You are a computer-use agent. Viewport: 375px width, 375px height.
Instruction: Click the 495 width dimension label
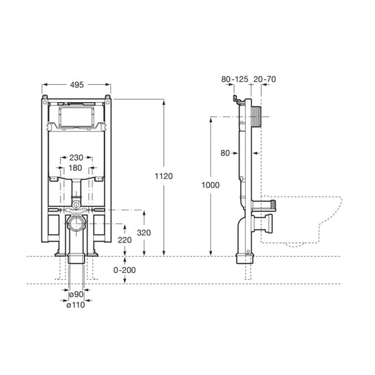pos(77,85)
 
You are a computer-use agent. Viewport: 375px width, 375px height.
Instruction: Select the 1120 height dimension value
pos(164,176)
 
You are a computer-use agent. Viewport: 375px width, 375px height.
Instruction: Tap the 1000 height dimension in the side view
pos(210,185)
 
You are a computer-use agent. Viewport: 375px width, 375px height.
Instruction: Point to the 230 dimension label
pos(76,158)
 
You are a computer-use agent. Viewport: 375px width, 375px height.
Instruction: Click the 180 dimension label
pos(75,168)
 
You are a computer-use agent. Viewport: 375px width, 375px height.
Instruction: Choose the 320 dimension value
pos(144,233)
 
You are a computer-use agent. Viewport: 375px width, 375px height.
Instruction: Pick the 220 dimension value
pos(124,240)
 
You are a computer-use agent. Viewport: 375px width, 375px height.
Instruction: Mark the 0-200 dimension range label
pos(124,270)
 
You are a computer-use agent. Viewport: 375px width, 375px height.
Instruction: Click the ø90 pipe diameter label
pos(76,294)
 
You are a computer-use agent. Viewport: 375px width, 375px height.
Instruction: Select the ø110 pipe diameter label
pos(76,305)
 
